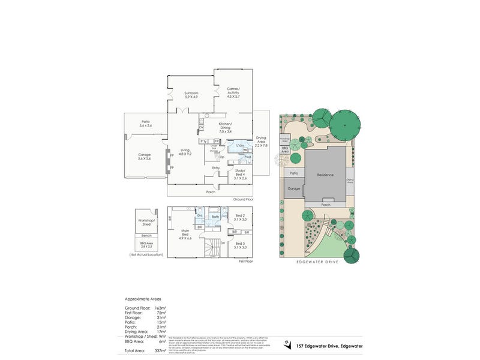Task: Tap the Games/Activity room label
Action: point(233,91)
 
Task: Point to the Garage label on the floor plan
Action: point(145,155)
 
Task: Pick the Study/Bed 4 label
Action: point(241,172)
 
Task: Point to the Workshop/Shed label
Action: point(147,223)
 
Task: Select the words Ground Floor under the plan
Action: point(243,198)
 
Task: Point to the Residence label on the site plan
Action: point(325,175)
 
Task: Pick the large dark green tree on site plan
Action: point(345,125)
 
